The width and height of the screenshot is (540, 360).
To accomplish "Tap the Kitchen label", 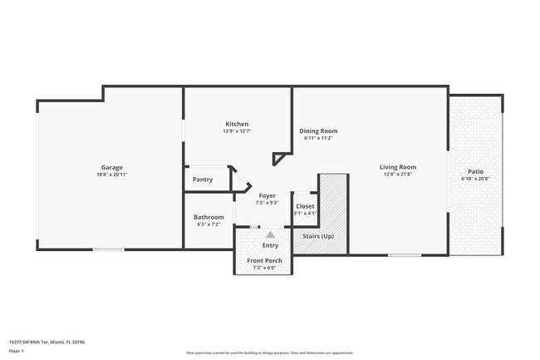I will pos(237,123).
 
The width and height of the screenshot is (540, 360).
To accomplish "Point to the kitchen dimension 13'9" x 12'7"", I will pos(237,131).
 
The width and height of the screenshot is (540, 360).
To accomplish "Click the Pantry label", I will pos(202,179).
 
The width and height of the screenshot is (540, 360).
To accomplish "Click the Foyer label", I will pos(267,195).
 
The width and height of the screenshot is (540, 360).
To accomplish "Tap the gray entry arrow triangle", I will pos(270,234).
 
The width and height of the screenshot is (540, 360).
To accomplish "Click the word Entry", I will pos(270,245).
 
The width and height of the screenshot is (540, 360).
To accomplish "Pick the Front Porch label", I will pos(264,260).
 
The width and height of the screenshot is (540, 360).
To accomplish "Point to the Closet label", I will pos(305,205).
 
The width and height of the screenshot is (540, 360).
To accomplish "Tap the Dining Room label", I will pos(318,131).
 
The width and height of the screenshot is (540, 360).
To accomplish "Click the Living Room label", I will pos(398,167).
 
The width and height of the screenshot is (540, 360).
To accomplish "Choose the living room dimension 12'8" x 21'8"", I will pos(398,175).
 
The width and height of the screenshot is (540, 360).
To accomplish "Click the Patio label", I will pos(475,171).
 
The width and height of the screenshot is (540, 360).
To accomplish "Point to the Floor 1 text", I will pos(17,352).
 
